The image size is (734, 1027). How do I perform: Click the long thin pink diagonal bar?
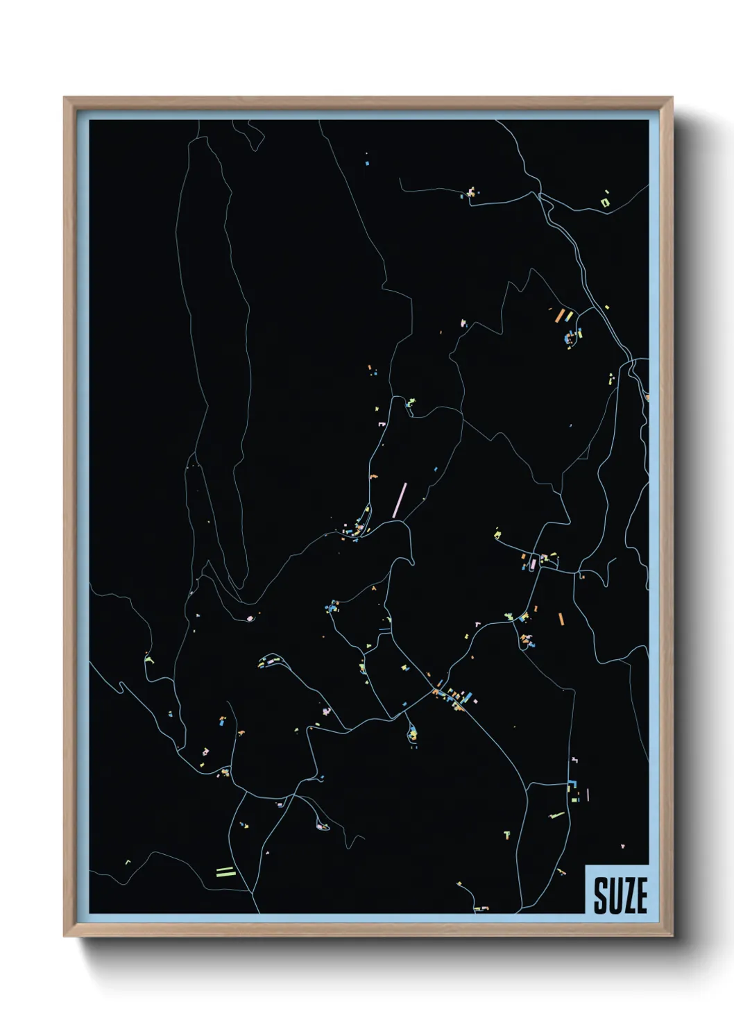click(x=400, y=500)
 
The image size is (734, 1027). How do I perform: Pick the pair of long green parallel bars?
click(x=225, y=871)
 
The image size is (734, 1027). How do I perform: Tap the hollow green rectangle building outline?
click(x=605, y=203)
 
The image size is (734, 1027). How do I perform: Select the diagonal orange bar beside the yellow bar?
click(x=559, y=316)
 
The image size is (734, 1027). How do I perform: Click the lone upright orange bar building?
click(x=561, y=619)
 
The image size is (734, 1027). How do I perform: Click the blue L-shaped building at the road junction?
click(x=573, y=784)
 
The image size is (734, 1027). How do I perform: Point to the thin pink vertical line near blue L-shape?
click(x=588, y=794)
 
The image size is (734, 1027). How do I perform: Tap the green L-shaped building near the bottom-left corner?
click(x=128, y=863)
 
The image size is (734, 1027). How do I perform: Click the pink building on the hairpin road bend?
click(x=250, y=617)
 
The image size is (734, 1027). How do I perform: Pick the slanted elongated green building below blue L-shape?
click(x=556, y=815)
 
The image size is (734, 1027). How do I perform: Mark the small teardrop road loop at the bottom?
click(x=321, y=825)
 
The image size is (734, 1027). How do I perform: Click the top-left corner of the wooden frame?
click(x=65, y=99)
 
